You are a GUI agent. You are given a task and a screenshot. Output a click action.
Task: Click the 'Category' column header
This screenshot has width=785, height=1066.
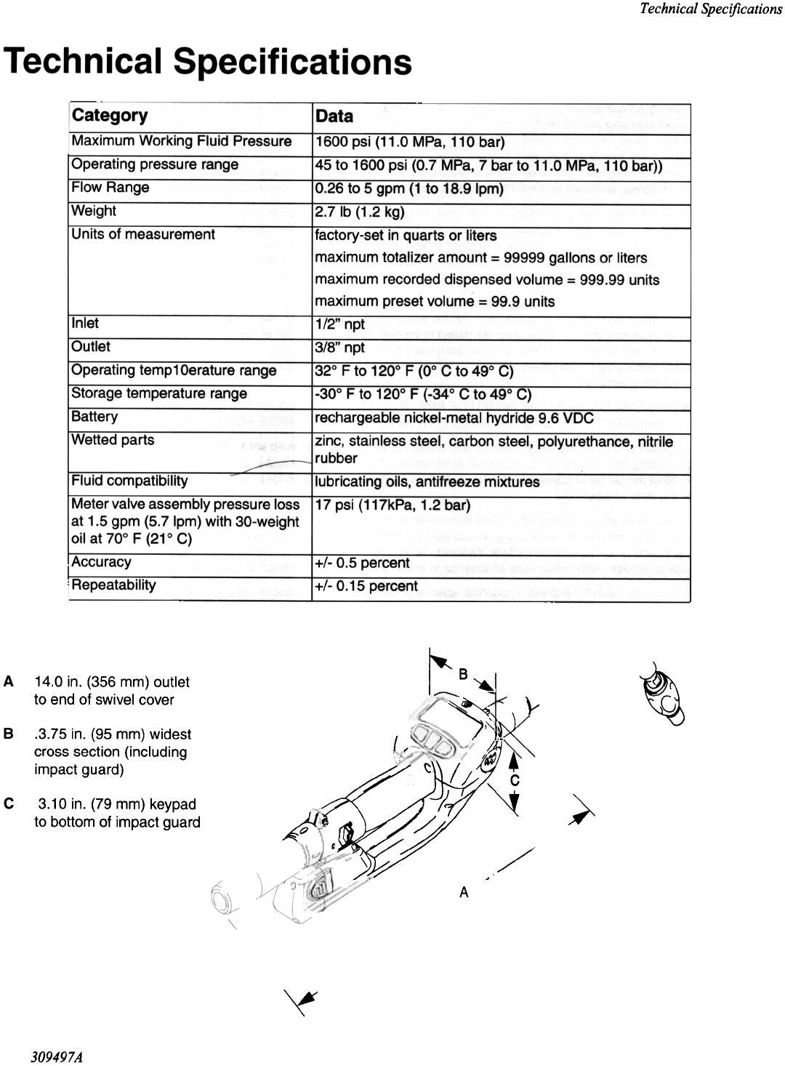[109, 116]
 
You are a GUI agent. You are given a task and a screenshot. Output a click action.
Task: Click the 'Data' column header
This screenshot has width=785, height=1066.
[334, 116]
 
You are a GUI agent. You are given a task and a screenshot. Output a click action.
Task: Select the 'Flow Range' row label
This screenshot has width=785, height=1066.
[110, 188]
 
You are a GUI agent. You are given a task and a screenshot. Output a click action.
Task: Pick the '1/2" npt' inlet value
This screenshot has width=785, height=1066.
[340, 324]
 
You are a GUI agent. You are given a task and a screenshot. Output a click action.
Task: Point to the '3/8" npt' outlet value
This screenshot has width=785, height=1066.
[340, 348]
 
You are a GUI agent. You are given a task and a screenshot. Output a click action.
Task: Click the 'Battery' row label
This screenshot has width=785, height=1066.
[94, 417]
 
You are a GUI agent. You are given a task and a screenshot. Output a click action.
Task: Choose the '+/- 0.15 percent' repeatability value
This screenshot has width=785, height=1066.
[366, 586]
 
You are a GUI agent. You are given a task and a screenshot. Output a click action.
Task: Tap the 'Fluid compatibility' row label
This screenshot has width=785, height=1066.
[129, 481]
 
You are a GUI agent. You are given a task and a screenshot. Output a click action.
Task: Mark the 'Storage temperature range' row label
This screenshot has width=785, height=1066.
[159, 393]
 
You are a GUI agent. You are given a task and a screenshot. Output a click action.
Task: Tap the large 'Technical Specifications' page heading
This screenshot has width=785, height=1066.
[208, 63]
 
